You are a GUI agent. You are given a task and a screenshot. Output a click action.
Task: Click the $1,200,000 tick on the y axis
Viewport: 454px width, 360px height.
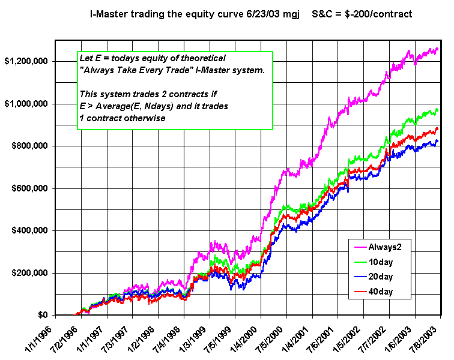click(28, 62)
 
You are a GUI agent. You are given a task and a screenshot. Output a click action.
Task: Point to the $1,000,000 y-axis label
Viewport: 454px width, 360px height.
click(28, 104)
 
